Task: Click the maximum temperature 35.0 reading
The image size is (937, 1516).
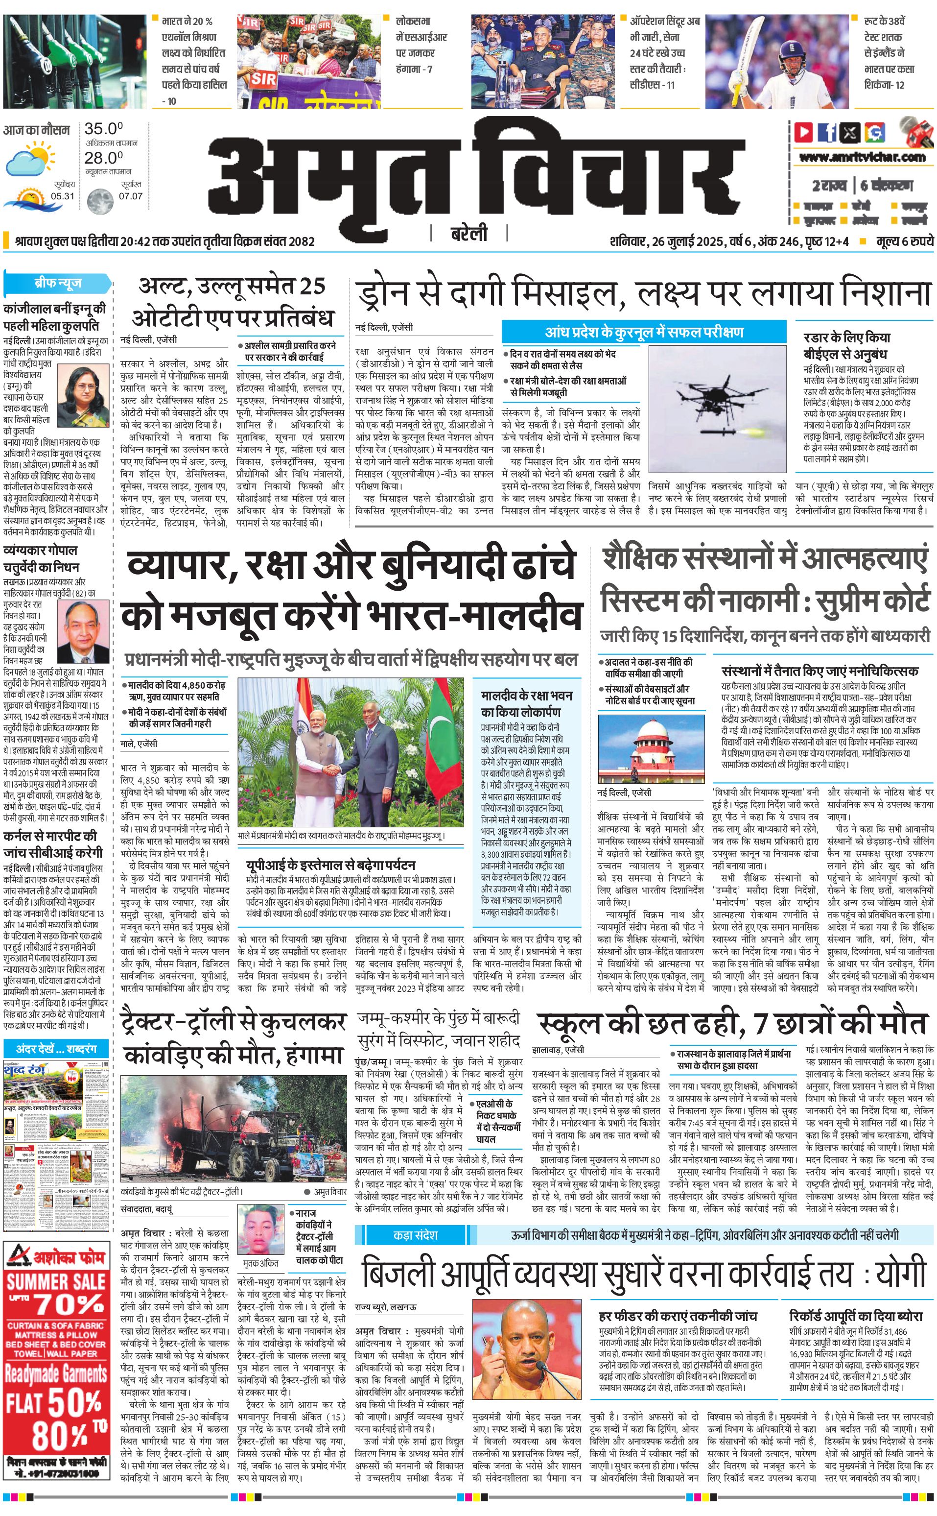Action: pyautogui.click(x=103, y=129)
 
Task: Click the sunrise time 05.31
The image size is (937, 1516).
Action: pyautogui.click(x=63, y=196)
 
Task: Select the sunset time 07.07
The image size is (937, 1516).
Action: pyautogui.click(x=131, y=196)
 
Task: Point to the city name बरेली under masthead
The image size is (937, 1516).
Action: pyautogui.click(x=468, y=234)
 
